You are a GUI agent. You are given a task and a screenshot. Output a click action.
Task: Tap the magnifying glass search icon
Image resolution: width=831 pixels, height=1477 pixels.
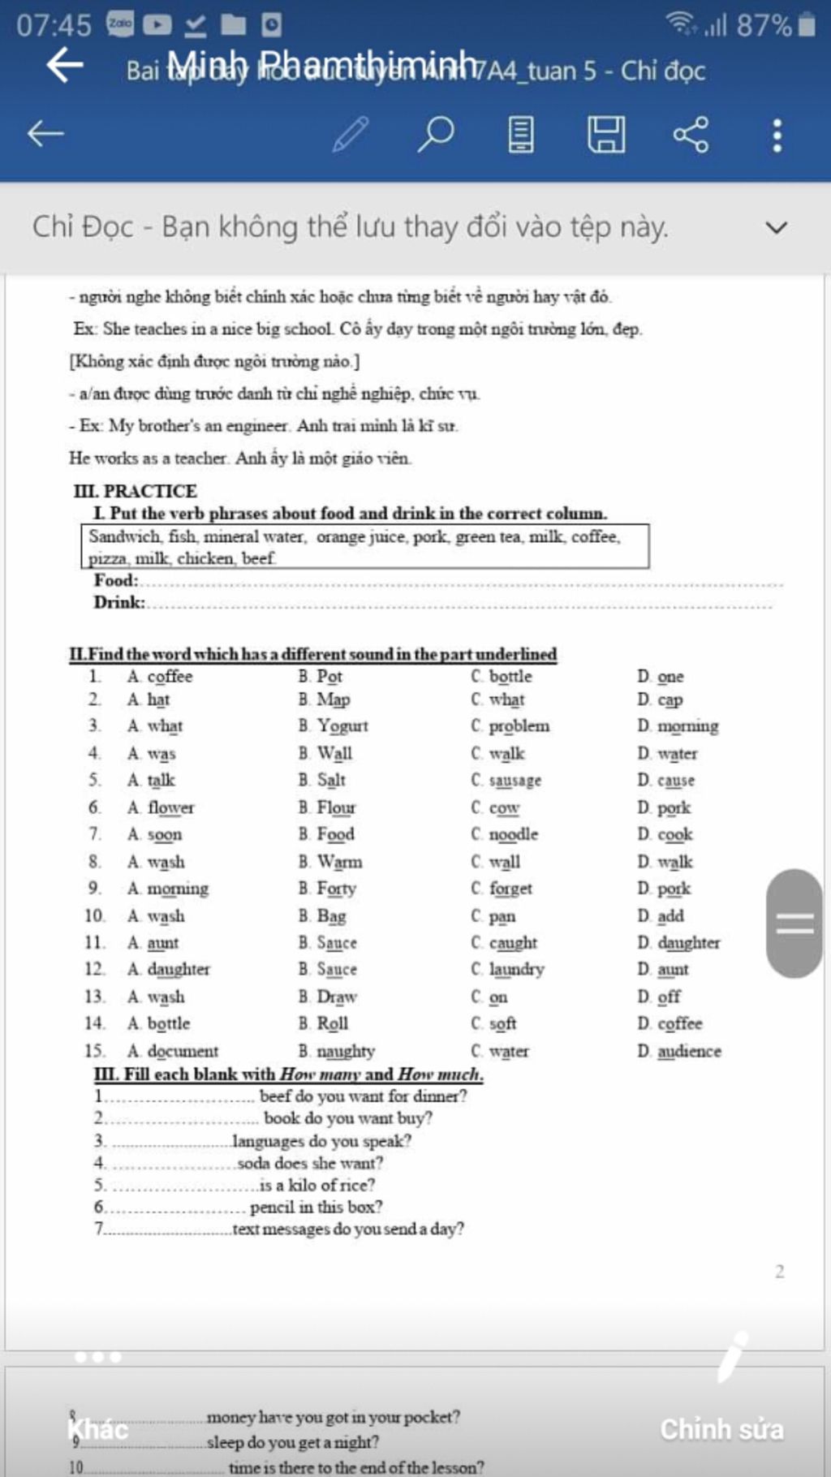[x=436, y=134]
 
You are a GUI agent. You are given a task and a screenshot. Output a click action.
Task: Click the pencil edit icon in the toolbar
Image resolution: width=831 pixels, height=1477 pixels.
[x=351, y=134]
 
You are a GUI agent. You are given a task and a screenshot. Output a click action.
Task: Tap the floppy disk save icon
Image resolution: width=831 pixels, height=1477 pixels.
[x=606, y=134]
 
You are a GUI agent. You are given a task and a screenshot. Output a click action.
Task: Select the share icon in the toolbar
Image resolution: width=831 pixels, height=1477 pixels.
[x=691, y=134]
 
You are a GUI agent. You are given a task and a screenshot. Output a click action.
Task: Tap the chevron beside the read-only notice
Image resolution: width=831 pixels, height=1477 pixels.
[x=777, y=227]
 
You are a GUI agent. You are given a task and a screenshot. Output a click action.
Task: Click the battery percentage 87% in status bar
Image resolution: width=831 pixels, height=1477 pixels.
[x=764, y=25]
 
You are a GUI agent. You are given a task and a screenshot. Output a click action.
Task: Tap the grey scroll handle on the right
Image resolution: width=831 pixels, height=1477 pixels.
[x=794, y=924]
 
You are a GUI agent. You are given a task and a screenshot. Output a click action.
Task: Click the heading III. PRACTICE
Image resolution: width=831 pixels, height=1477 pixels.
[x=136, y=491]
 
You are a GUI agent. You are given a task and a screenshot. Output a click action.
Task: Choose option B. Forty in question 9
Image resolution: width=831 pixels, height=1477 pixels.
[x=327, y=889]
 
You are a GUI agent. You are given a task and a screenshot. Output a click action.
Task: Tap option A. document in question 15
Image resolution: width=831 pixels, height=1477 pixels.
[x=173, y=1051]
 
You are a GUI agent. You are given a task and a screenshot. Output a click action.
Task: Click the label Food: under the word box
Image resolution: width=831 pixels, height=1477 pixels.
[x=115, y=580]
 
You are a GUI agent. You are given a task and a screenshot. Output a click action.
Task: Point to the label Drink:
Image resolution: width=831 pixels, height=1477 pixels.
[x=118, y=602]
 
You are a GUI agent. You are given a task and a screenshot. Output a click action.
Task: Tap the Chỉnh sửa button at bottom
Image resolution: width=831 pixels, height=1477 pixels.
[x=721, y=1429]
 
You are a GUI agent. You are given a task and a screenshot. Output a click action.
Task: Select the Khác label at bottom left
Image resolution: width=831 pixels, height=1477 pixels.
[x=98, y=1428]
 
